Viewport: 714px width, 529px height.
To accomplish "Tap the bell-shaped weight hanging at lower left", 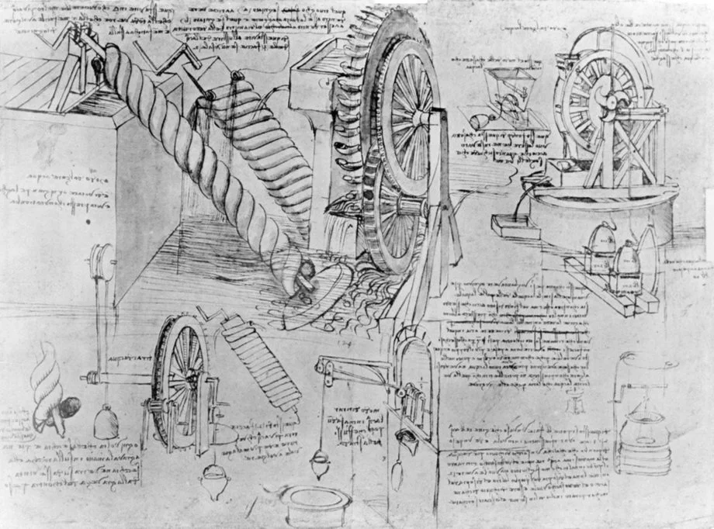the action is pos(105,423).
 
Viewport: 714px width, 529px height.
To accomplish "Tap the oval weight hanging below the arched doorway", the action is pos(397,472).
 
